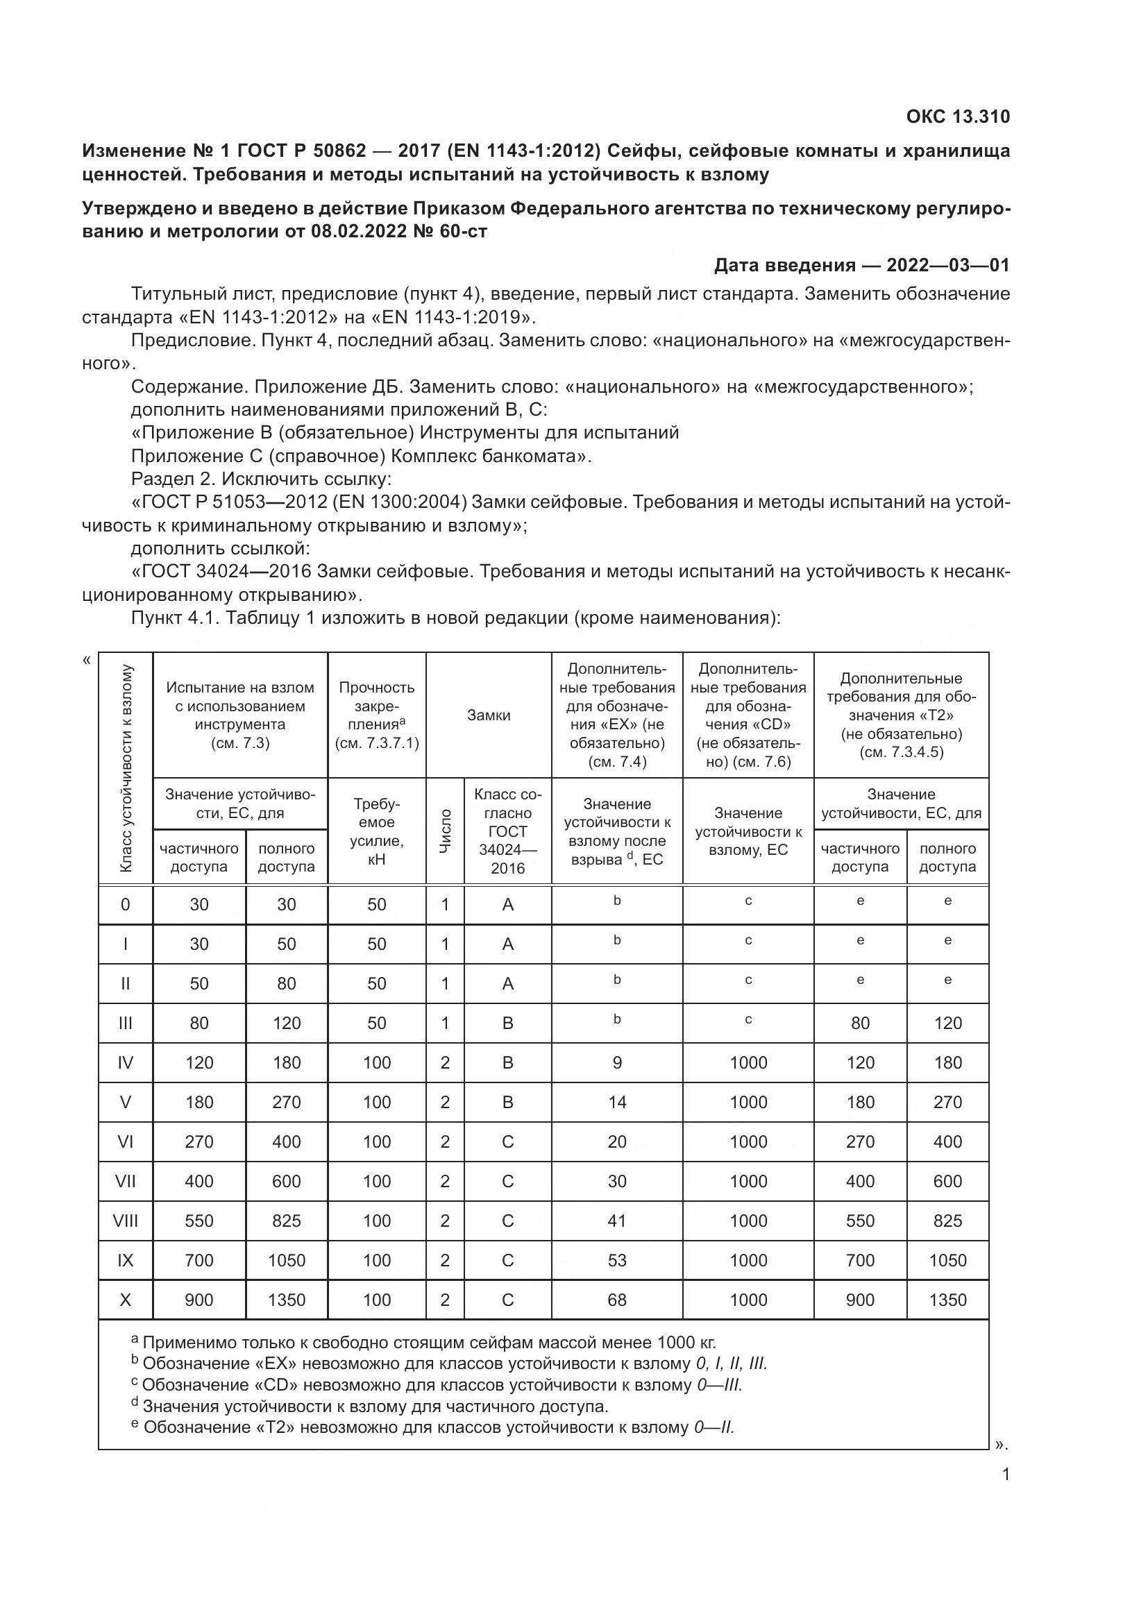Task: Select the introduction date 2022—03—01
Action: click(x=947, y=265)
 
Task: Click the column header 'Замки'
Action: click(x=488, y=715)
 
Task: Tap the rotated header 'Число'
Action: click(x=445, y=831)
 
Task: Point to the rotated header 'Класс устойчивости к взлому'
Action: click(x=126, y=767)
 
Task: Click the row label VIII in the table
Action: click(x=125, y=1221)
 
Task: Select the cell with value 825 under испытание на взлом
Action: click(x=286, y=1221)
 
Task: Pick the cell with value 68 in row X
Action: click(x=616, y=1300)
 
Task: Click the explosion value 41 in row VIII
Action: click(x=616, y=1221)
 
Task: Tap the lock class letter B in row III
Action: click(x=507, y=1023)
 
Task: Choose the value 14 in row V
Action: click(x=616, y=1102)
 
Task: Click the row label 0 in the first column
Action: click(x=125, y=904)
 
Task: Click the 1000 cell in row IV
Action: click(x=748, y=1062)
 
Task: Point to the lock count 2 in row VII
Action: click(x=445, y=1181)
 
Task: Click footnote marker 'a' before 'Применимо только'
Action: click(x=135, y=1339)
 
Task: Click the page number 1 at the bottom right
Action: click(x=1006, y=1475)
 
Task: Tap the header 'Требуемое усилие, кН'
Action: click(x=377, y=831)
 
